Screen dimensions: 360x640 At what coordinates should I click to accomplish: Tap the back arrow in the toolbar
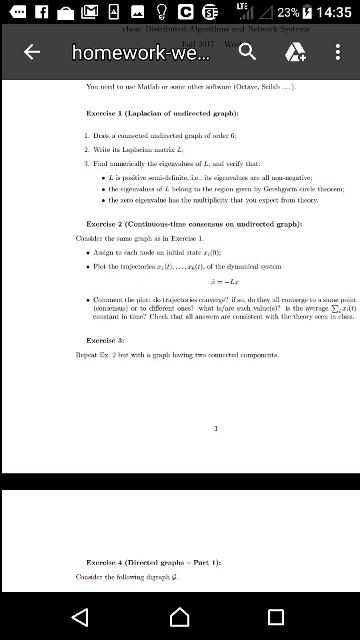click(31, 52)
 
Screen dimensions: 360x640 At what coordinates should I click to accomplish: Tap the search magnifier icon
click(247, 51)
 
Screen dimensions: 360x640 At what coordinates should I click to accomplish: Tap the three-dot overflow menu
click(338, 52)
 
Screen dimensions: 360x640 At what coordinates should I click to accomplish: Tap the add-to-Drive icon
click(295, 52)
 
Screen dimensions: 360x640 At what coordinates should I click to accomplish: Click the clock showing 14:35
click(329, 13)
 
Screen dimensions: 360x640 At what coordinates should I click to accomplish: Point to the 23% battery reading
click(288, 13)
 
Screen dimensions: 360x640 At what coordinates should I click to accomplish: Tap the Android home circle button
click(179, 617)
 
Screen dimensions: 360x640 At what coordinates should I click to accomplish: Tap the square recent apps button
click(275, 617)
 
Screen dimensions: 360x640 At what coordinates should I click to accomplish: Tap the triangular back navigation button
click(80, 617)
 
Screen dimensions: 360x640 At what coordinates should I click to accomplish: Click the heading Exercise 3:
click(106, 340)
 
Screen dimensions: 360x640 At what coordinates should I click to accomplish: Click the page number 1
click(216, 428)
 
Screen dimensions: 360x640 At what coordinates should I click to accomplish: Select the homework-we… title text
click(140, 52)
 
